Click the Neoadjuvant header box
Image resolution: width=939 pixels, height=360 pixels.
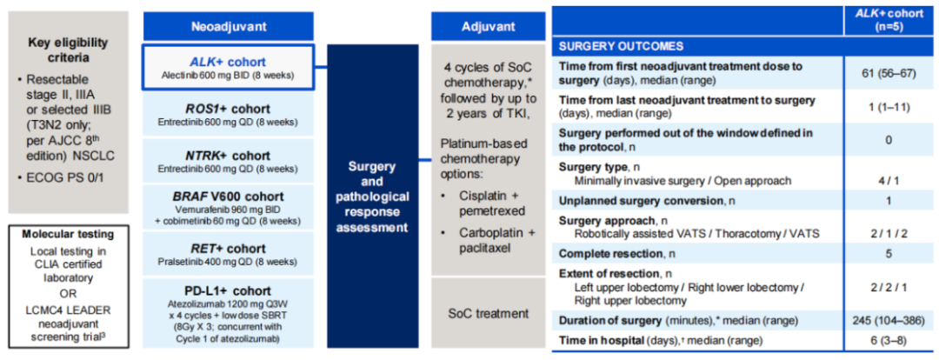[x=228, y=26]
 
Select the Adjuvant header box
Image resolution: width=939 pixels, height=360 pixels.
[x=488, y=26]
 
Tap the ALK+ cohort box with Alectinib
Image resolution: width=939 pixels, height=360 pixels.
[x=228, y=68]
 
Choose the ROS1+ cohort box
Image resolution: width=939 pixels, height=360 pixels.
[x=228, y=115]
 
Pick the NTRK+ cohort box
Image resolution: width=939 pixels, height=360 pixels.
[x=228, y=161]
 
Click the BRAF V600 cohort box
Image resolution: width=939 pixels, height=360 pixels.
[x=228, y=207]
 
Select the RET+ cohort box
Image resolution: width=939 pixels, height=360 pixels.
[x=228, y=253]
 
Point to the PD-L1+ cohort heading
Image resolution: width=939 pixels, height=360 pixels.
[x=228, y=290]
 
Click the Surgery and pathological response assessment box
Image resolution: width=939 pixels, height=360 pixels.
[x=371, y=196]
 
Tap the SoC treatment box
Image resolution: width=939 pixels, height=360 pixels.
[x=488, y=313]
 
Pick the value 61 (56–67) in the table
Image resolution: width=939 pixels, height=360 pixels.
[x=888, y=73]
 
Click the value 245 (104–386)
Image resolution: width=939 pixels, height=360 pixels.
[x=888, y=320]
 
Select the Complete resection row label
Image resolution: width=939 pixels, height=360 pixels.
[x=617, y=253]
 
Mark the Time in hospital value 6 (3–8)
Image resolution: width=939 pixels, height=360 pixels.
[x=888, y=341]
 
